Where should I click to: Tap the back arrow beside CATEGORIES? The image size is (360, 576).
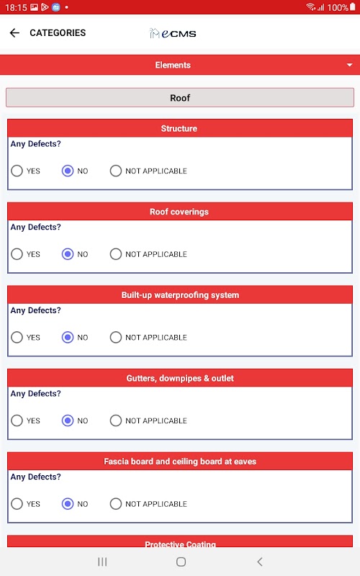point(14,33)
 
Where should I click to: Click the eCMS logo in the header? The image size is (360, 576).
point(173,33)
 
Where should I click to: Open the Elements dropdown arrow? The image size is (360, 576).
point(349,65)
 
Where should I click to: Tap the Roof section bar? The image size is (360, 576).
point(180,98)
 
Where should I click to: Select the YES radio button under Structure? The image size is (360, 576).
point(17,171)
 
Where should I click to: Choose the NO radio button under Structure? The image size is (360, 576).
point(68,171)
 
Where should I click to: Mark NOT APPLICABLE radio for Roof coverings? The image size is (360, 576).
point(116,254)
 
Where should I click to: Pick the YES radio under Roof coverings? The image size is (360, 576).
point(17,254)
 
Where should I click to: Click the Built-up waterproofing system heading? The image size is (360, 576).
point(180,295)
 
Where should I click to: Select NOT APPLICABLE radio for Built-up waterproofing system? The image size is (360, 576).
point(116,337)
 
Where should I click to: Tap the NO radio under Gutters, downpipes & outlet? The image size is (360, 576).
point(68,420)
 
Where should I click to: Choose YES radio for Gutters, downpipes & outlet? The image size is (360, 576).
point(17,420)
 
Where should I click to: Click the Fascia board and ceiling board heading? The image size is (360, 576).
point(180,462)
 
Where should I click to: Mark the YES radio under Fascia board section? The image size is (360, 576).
point(17,504)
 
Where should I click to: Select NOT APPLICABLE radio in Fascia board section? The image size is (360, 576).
point(116,504)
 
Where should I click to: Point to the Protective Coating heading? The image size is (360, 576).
point(180,544)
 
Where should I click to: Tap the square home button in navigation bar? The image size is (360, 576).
point(181,562)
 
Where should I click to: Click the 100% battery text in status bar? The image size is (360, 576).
point(338,7)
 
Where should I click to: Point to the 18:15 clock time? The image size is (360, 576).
point(16,7)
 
